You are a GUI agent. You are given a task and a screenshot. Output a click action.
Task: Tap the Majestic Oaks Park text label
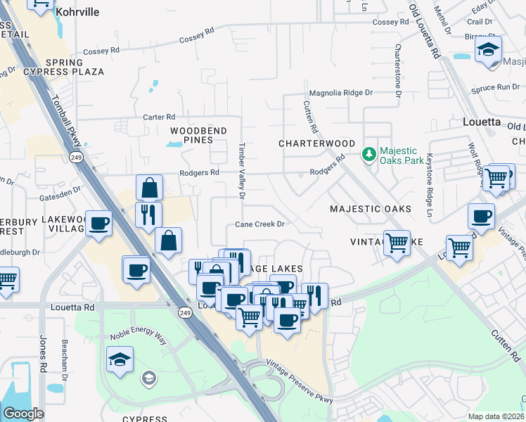(398, 155)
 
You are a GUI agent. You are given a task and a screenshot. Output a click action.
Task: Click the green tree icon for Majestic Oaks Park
(368, 153)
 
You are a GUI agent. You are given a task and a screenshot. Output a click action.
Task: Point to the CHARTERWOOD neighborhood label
(316, 143)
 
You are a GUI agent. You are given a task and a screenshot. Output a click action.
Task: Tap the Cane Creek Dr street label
(259, 224)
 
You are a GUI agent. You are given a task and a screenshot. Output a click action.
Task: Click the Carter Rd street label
(158, 117)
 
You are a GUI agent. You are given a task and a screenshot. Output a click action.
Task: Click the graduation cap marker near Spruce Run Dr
(488, 50)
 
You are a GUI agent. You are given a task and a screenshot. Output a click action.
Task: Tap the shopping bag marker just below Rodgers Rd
(150, 187)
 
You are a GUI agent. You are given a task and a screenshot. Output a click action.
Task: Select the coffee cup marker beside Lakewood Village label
(98, 223)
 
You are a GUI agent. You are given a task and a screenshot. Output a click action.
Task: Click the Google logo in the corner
(23, 413)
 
